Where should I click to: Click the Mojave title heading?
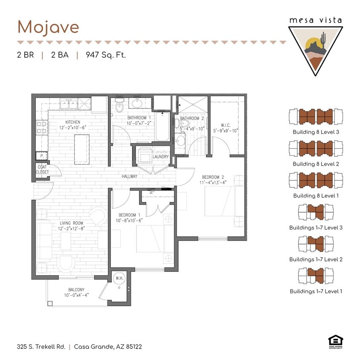pyautogui.click(x=48, y=27)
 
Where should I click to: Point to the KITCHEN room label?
pyautogui.click(x=73, y=122)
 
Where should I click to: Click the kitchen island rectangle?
pyautogui.click(x=81, y=149)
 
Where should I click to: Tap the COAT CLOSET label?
pyautogui.click(x=42, y=169)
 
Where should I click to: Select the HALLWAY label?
pyautogui.click(x=129, y=176)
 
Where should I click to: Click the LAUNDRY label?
pyautogui.click(x=160, y=157)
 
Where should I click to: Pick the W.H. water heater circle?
pyautogui.click(x=119, y=279)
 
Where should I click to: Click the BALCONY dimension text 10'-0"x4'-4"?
pyautogui.click(x=76, y=295)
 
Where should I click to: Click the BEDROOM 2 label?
pyautogui.click(x=211, y=177)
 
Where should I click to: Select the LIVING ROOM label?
pyautogui.click(x=72, y=223)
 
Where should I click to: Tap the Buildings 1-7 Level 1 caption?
pyautogui.click(x=316, y=291)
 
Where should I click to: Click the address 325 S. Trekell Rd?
pyautogui.click(x=41, y=346)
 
